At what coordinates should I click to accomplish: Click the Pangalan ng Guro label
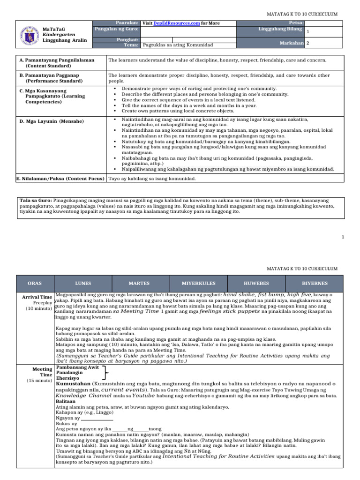pos(116,29)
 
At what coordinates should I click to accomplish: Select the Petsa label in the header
pos(297,22)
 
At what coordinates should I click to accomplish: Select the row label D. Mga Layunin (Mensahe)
pos(52,121)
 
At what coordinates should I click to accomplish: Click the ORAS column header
pos(35,284)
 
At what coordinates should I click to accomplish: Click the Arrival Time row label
pos(37,297)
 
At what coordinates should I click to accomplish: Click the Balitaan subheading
pos(65,402)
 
